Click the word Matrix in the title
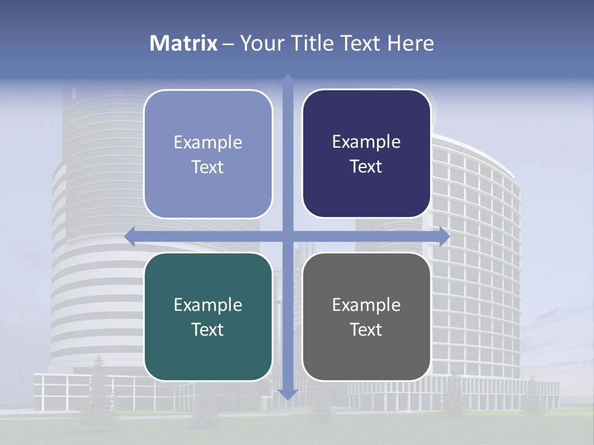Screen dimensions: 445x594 (x=184, y=43)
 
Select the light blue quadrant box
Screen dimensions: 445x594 (x=208, y=154)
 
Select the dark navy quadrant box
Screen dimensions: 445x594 (x=366, y=154)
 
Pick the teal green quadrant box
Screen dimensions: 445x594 (x=208, y=316)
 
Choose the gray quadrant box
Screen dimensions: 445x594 (x=366, y=316)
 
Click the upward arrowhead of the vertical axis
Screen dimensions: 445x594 (x=288, y=79)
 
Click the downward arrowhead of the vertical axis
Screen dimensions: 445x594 (x=288, y=394)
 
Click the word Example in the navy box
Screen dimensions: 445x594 (x=366, y=142)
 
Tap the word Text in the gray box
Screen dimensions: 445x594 (x=366, y=329)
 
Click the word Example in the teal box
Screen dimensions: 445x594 (x=208, y=305)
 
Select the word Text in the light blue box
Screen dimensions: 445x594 (x=208, y=167)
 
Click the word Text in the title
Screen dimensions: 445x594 (x=358, y=43)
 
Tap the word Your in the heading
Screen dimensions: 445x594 (x=261, y=43)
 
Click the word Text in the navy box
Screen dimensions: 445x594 (x=366, y=167)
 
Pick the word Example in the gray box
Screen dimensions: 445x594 (x=366, y=305)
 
